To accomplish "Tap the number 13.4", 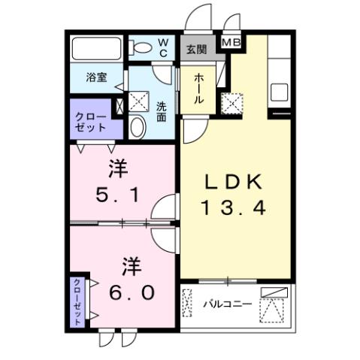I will [x=232, y=208].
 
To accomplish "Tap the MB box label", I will [x=231, y=42].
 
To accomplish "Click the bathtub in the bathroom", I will [x=96, y=50].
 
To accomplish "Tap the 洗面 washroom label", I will [x=162, y=110].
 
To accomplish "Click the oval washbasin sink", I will [x=137, y=128].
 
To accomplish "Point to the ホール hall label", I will [x=198, y=89].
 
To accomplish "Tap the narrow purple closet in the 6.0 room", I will [x=78, y=301].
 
